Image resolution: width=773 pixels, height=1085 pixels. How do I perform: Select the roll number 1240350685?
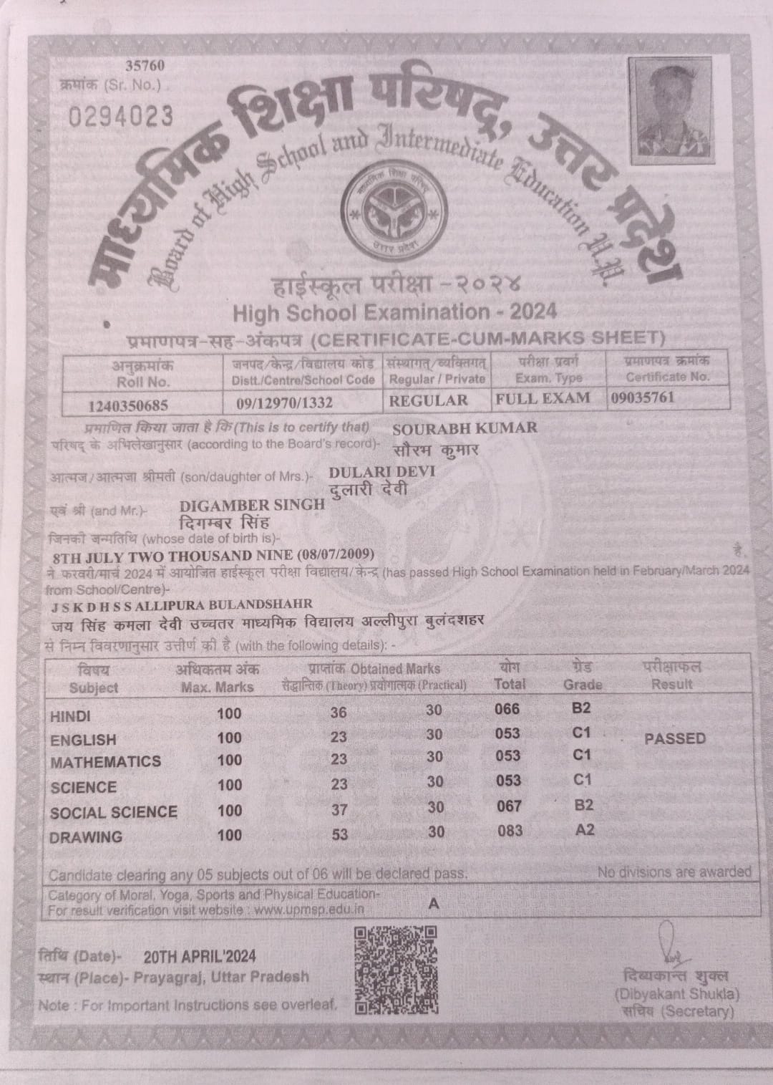[128, 405]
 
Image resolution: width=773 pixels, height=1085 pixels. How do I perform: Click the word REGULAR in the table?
[428, 400]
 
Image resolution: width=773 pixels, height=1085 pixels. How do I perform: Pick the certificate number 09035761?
[642, 397]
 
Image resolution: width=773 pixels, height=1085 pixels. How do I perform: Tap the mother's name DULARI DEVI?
[381, 472]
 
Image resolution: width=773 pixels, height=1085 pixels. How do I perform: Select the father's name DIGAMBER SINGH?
[253, 504]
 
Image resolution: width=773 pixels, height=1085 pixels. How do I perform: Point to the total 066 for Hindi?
[507, 709]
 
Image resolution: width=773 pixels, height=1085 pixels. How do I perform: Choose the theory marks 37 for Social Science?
[339, 809]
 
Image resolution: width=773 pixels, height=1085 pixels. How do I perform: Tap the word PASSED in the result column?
[674, 738]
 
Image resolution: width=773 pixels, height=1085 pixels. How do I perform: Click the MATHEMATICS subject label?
[106, 761]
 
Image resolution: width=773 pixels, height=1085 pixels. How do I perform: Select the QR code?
[396, 970]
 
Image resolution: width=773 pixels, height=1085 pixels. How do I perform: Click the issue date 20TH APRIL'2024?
[200, 956]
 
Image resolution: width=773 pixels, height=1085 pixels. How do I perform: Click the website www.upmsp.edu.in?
[308, 910]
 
